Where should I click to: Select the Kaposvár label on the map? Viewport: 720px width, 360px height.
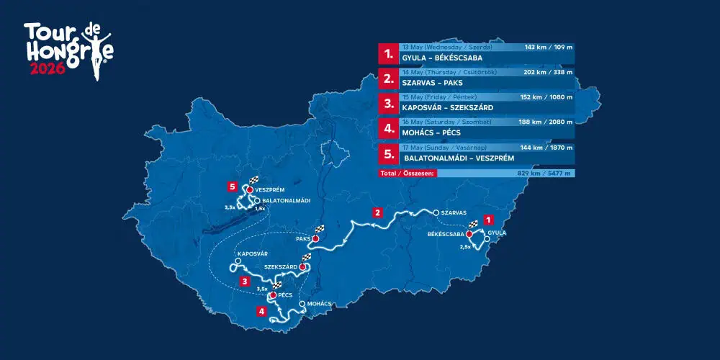(x=252, y=254)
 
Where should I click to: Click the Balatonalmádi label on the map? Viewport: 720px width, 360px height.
(x=286, y=201)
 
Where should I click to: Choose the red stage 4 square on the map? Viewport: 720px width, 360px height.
(x=261, y=312)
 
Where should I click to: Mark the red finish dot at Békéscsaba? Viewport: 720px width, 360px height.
(x=469, y=234)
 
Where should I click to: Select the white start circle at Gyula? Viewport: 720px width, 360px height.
(x=487, y=239)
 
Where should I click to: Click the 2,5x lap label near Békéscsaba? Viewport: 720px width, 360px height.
(x=466, y=246)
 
